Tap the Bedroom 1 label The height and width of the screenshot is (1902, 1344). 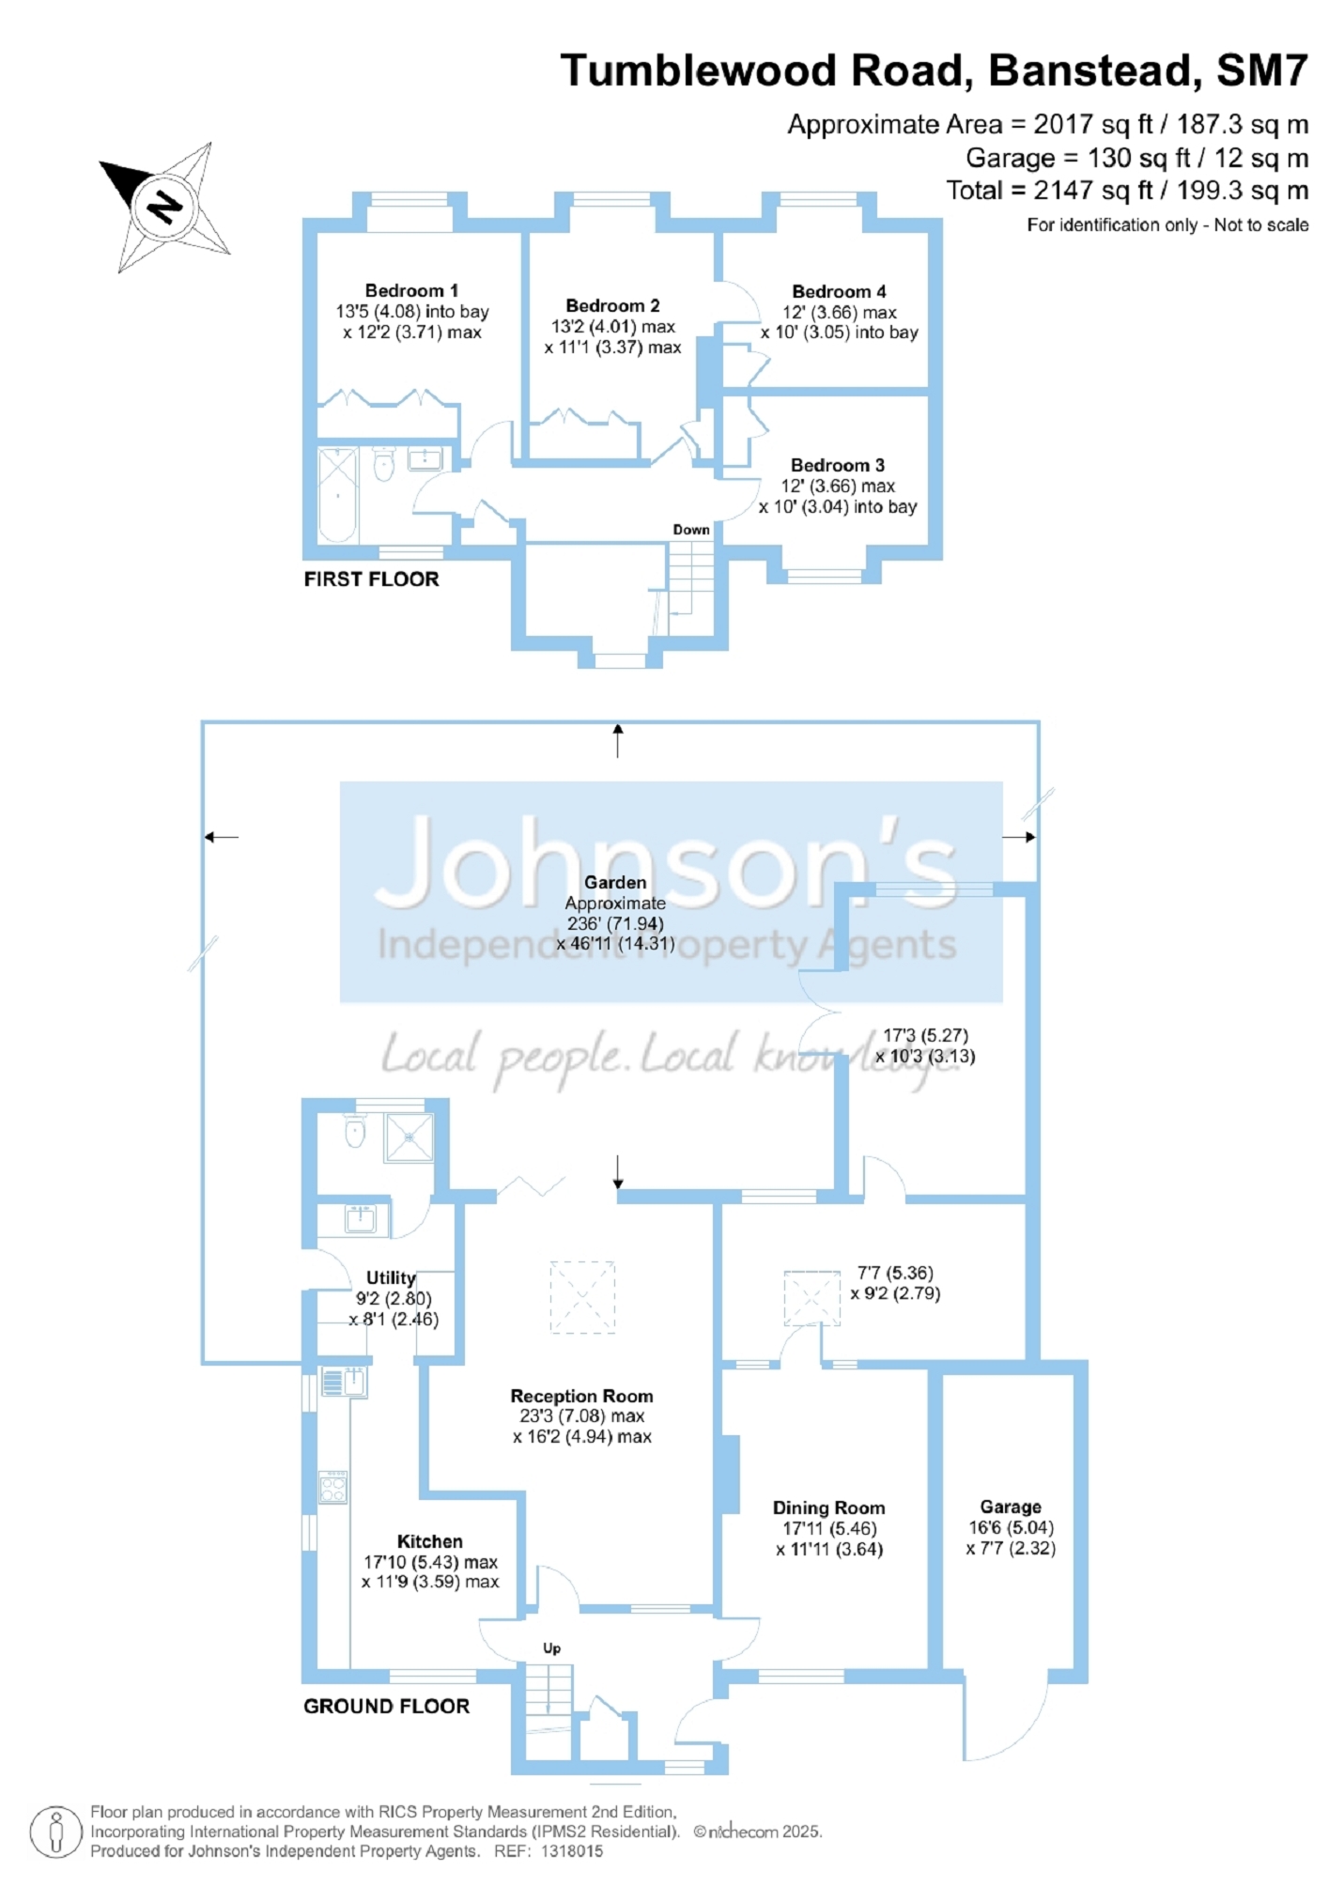(x=411, y=290)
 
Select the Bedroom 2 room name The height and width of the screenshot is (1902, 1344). (x=612, y=305)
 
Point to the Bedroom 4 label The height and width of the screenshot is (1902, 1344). (x=839, y=291)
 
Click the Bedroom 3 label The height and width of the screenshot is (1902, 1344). (x=837, y=465)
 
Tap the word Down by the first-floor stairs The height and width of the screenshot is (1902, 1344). (x=690, y=530)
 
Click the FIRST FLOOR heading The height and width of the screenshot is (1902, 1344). (x=371, y=579)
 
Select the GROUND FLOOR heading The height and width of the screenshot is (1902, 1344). (x=386, y=1706)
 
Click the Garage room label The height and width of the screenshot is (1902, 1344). (x=1011, y=1507)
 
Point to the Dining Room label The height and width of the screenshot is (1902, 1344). (x=828, y=1508)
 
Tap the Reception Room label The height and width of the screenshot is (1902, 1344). (x=581, y=1396)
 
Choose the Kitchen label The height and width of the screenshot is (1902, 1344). (x=429, y=1541)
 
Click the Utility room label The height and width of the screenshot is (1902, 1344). (x=390, y=1277)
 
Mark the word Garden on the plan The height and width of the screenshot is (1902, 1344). (x=615, y=882)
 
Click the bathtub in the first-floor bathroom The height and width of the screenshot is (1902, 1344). (x=337, y=495)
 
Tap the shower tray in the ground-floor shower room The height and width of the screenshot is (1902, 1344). (x=409, y=1137)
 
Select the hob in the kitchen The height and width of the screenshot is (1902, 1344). (x=332, y=1488)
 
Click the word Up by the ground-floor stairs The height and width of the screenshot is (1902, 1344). (x=551, y=1648)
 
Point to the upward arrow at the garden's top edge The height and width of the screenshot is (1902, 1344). (x=617, y=740)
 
